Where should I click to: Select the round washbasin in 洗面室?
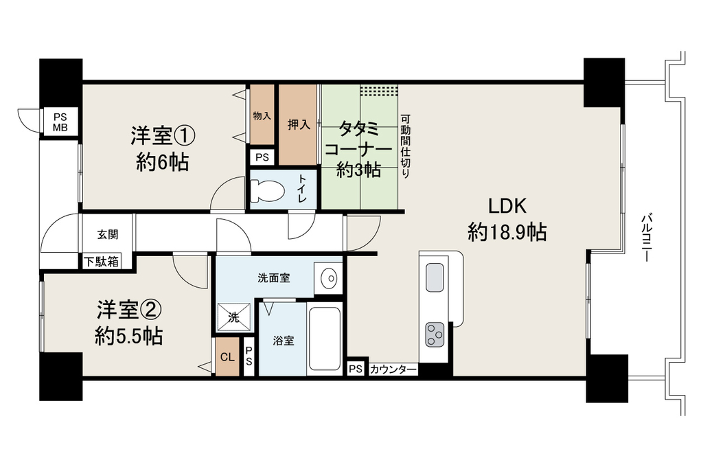[x=329, y=279]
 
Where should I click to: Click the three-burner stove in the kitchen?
[x=435, y=334]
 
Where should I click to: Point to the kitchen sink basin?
[x=435, y=277]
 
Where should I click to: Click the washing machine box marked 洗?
[x=233, y=317]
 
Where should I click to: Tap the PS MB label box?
[x=60, y=122]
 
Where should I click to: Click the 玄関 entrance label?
[x=108, y=235]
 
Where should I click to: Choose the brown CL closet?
[x=227, y=356]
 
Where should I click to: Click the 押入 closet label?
[x=299, y=125]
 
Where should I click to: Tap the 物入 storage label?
[x=262, y=116]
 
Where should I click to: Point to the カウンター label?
[x=393, y=369]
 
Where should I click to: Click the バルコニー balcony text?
[x=646, y=238]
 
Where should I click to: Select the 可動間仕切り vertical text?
[x=405, y=146]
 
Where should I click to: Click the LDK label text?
[x=507, y=206]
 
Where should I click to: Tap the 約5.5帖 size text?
[x=128, y=337]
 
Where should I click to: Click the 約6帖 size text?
[x=162, y=162]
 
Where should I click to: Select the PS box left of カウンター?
[x=356, y=369]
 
